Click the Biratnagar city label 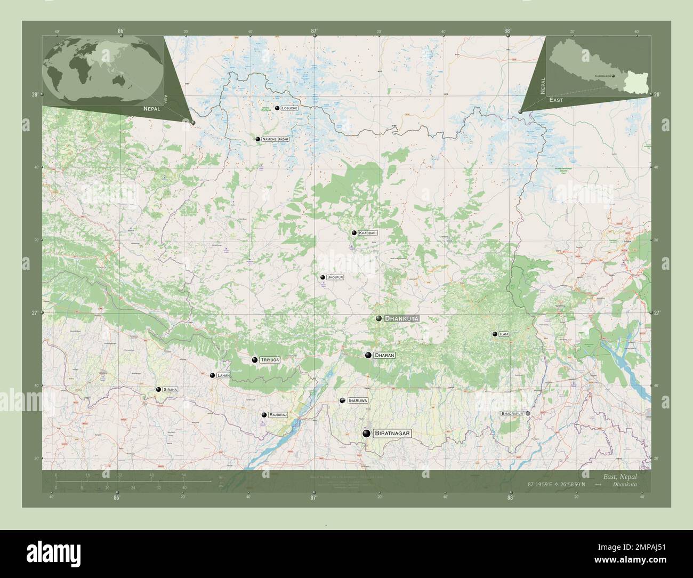(x=392, y=434)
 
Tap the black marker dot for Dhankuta (x=378, y=318)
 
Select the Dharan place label (x=384, y=355)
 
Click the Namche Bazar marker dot (x=258, y=139)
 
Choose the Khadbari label (x=368, y=233)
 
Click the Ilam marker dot (x=495, y=334)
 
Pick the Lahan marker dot (x=213, y=376)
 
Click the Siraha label (x=171, y=390)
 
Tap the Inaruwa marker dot (x=342, y=400)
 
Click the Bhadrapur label (x=512, y=413)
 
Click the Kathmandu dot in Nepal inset (x=614, y=76)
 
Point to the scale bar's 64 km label (x=183, y=475)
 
